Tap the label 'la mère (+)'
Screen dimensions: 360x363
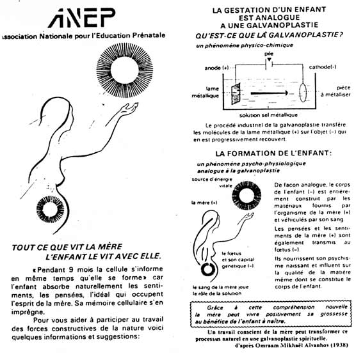(x=204, y=202)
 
